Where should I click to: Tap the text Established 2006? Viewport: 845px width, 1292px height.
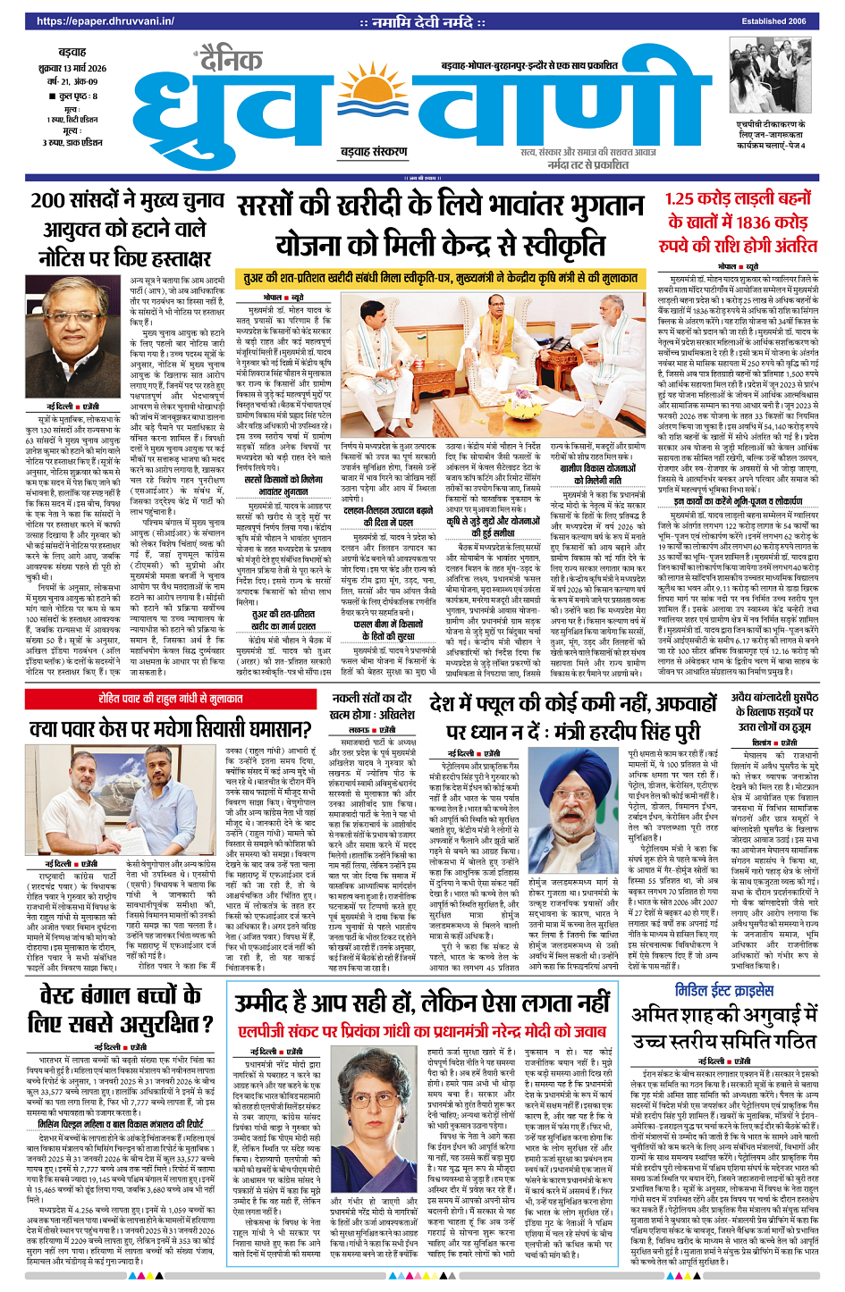pos(773,21)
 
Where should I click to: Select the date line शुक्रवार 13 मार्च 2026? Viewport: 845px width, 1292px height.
pos(73,69)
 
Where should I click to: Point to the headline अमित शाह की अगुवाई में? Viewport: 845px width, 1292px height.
pos(724,1028)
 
